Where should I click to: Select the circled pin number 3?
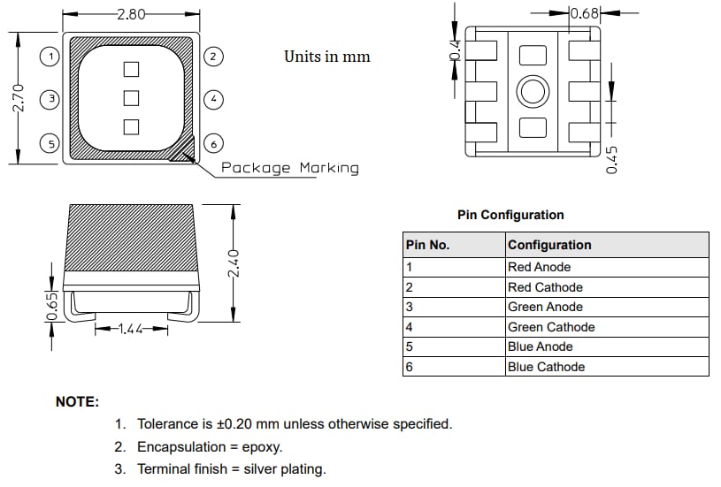pos(51,100)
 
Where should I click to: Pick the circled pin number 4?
pos(212,100)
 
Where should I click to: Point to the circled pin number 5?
pos(51,143)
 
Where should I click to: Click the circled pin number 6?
pos(212,143)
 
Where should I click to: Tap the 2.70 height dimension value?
pos(19,98)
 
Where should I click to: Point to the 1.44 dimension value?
pos(131,329)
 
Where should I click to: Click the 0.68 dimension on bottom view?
pos(586,13)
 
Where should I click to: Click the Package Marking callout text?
pos(289,167)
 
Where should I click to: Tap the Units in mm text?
pos(326,57)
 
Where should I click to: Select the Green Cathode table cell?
pos(550,327)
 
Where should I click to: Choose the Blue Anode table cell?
pos(540,346)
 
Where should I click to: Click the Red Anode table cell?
pos(539,267)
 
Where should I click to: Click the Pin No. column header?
pos(427,245)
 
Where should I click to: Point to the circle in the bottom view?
pos(533,91)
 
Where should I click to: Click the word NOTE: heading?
pos(78,401)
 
